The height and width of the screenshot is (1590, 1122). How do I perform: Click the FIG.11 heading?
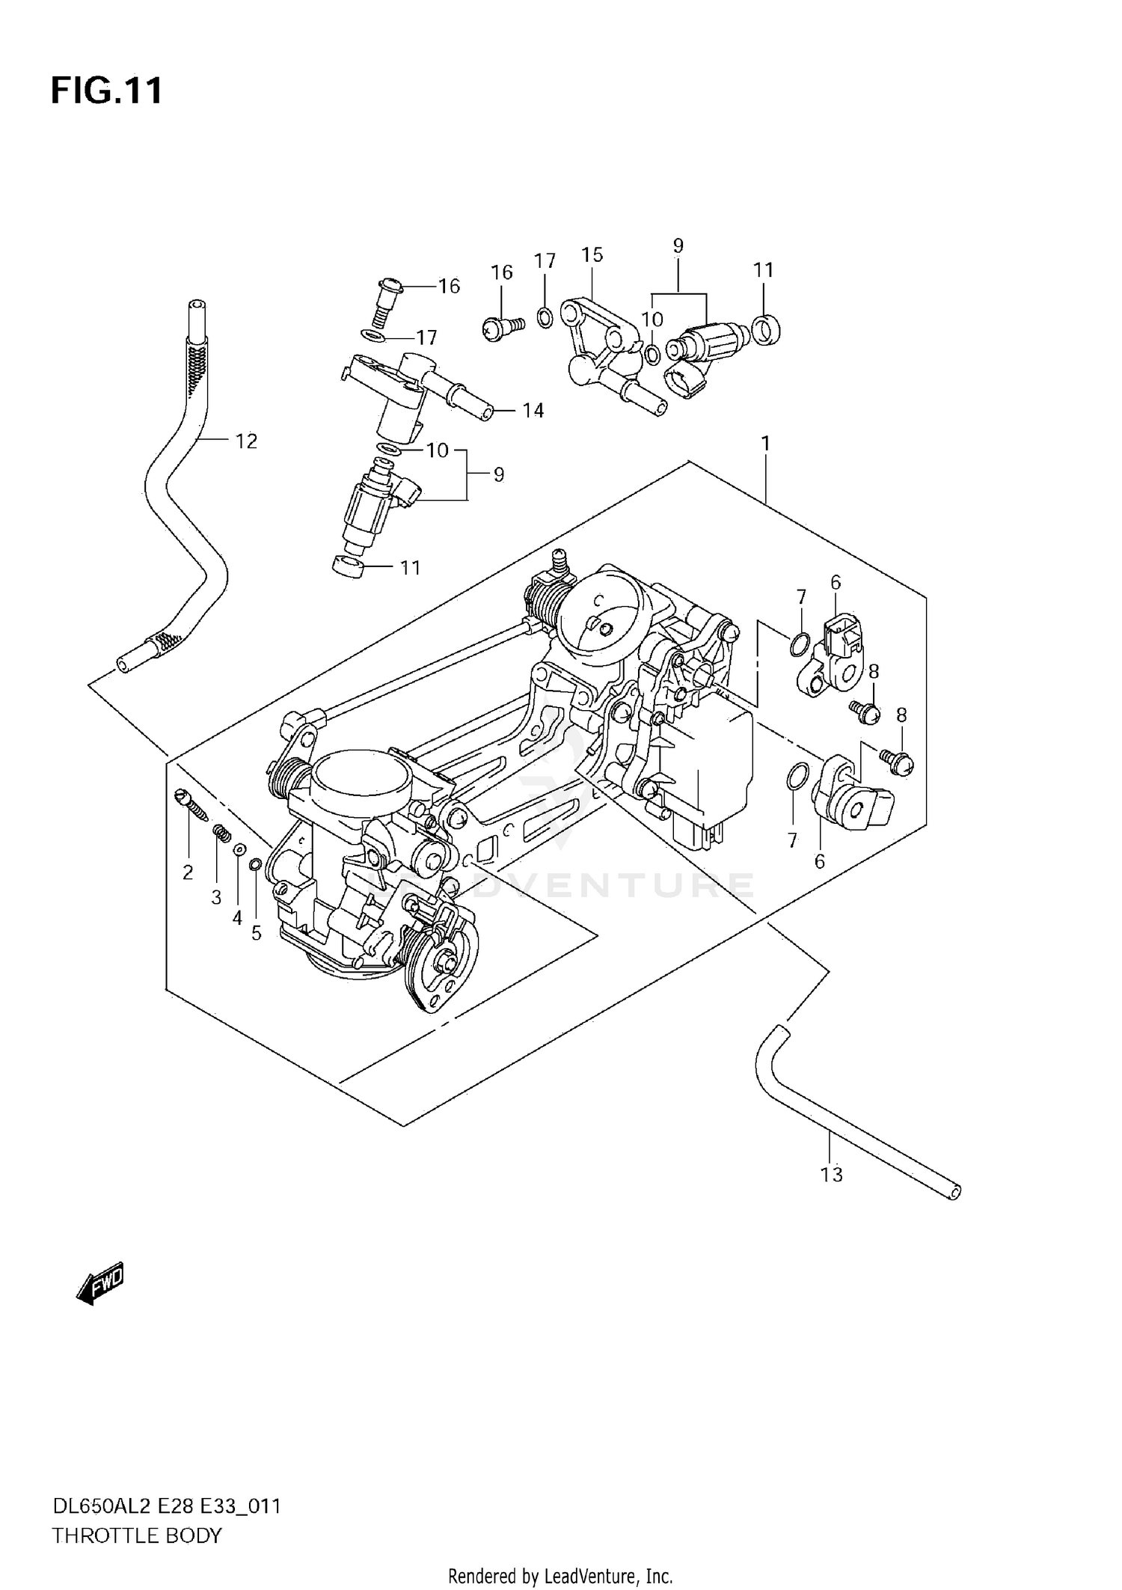106,91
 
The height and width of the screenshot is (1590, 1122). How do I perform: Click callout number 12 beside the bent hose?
246,441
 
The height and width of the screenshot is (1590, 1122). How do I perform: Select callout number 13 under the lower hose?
831,1175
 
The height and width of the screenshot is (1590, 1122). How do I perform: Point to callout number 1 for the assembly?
765,444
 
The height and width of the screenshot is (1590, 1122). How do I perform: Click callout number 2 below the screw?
188,872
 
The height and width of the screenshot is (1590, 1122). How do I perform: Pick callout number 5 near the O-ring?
256,933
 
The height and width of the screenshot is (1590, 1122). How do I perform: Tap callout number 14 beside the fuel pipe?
533,410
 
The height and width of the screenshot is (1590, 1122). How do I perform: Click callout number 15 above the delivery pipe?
592,255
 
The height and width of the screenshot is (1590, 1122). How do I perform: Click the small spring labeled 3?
221,831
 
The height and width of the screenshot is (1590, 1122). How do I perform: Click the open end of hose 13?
954,1191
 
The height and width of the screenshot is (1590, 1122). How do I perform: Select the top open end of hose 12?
196,305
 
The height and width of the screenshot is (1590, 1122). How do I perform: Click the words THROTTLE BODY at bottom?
137,1535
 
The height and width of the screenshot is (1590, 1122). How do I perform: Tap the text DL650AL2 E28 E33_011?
166,1505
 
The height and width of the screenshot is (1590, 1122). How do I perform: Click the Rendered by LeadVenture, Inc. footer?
560,1577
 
